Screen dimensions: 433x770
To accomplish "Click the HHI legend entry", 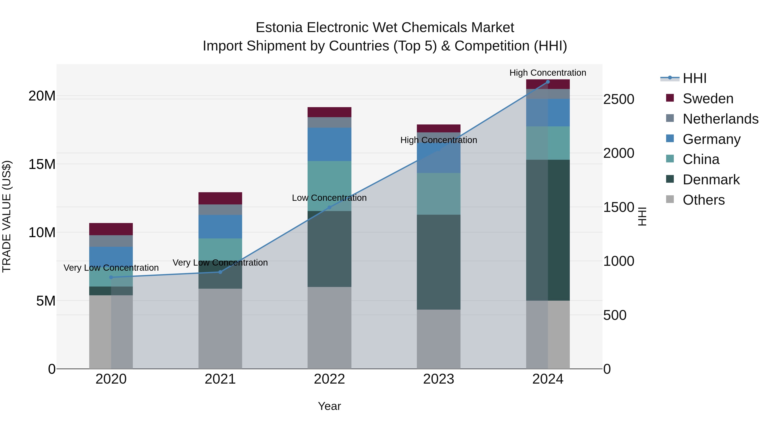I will pyautogui.click(x=694, y=78).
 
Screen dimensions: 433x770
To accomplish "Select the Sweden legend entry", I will pyautogui.click(x=708, y=99).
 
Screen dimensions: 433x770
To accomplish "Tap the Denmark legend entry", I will pyautogui.click(x=711, y=180).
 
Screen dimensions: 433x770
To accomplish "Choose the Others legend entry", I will pyautogui.click(x=703, y=200).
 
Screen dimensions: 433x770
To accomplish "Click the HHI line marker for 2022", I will pyautogui.click(x=329, y=207).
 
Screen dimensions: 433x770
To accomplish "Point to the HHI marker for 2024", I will pyautogui.click(x=548, y=82).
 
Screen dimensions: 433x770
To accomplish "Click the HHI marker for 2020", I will pyautogui.click(x=111, y=277).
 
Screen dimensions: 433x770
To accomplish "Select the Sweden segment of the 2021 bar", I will pyautogui.click(x=220, y=198).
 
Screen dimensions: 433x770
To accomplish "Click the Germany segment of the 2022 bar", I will pyautogui.click(x=329, y=144).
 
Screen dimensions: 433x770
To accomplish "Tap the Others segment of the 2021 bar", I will pyautogui.click(x=220, y=328).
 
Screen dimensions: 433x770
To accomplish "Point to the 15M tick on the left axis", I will pyautogui.click(x=42, y=164).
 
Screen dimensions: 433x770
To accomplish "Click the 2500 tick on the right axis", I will pyautogui.click(x=618, y=99).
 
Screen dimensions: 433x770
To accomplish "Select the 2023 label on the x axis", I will pyautogui.click(x=438, y=379).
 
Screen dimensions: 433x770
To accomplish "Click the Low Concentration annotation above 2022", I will pyautogui.click(x=329, y=198).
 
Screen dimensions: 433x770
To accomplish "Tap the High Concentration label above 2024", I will pyautogui.click(x=548, y=73).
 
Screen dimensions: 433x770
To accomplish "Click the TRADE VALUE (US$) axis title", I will pyautogui.click(x=7, y=216).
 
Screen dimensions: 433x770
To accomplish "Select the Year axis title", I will pyautogui.click(x=329, y=406).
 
